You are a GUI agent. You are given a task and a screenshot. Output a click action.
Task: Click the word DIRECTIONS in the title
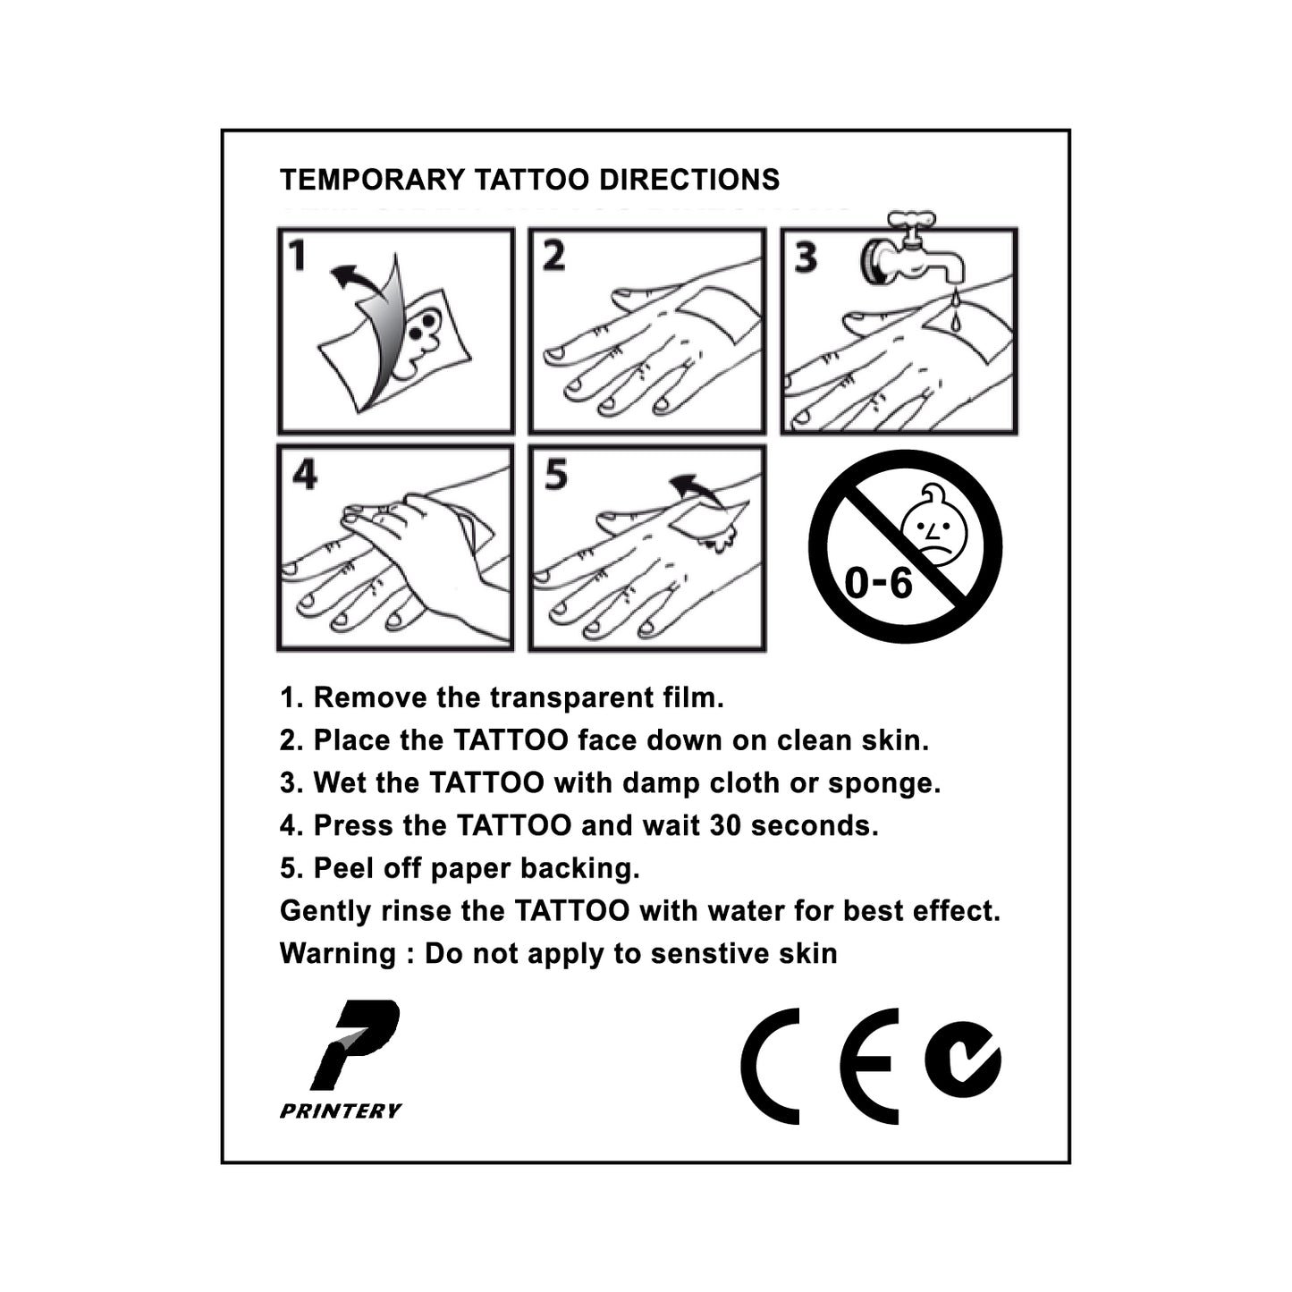(x=689, y=180)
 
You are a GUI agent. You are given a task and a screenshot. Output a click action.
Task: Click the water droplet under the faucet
(x=956, y=317)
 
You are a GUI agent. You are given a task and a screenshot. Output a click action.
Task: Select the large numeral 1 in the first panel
(x=297, y=256)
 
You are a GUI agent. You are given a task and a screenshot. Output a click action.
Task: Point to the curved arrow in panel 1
(x=359, y=280)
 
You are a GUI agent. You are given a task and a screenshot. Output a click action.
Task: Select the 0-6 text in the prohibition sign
(x=878, y=582)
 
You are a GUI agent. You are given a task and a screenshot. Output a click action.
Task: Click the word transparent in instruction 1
(x=570, y=698)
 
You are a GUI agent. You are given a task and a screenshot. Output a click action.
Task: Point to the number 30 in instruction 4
(x=725, y=825)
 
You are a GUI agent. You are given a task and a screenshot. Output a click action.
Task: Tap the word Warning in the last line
(x=338, y=954)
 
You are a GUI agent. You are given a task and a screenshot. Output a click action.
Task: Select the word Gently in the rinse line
(x=324, y=912)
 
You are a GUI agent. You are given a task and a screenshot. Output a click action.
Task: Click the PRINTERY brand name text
(x=341, y=1111)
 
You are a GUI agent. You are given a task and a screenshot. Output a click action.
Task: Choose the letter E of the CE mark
(x=870, y=1066)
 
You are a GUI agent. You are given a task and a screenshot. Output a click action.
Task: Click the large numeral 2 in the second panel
(x=553, y=256)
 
